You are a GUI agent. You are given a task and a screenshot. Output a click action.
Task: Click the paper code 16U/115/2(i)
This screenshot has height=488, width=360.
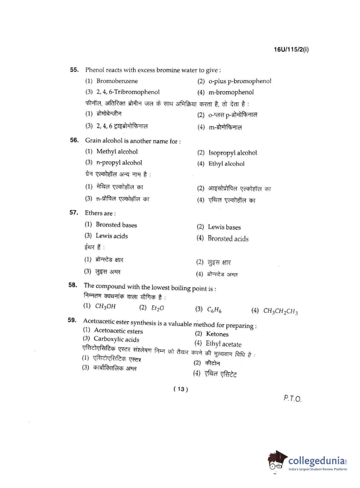[291, 49]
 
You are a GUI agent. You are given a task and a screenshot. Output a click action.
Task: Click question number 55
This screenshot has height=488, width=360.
[74, 69]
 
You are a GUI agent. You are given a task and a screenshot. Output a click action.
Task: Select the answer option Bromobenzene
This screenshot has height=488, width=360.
[117, 81]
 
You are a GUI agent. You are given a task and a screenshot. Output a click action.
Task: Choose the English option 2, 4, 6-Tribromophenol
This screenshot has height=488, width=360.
[128, 92]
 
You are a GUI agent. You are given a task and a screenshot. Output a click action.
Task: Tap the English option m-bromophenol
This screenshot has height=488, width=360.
[231, 92]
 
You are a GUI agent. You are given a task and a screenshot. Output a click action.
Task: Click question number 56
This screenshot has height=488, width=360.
[74, 140]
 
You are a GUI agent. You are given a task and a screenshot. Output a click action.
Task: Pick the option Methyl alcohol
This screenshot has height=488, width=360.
[117, 152]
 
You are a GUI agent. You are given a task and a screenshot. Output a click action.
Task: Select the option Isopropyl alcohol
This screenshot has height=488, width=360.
[233, 153]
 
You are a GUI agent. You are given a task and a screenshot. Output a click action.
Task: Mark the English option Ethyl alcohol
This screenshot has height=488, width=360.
[226, 163]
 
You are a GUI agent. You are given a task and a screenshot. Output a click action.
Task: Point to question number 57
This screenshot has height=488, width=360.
[74, 212]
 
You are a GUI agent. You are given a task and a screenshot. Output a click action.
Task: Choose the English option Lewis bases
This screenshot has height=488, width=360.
[224, 227]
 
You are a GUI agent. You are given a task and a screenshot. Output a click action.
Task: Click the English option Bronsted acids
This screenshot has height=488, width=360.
[228, 238]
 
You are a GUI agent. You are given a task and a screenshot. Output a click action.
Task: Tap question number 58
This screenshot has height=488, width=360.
[73, 285]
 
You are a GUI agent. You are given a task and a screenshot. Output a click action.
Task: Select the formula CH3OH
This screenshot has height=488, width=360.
[105, 306]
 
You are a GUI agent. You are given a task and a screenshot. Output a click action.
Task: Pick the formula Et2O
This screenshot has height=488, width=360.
[158, 308]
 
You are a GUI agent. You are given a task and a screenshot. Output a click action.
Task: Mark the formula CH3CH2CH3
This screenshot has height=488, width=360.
[280, 311]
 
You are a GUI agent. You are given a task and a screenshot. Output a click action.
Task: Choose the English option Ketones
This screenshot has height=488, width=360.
[217, 334]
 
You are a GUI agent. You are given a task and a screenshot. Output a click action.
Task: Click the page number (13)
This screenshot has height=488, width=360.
[181, 389]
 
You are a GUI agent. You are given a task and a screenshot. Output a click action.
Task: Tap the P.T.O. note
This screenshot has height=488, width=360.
[292, 398]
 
